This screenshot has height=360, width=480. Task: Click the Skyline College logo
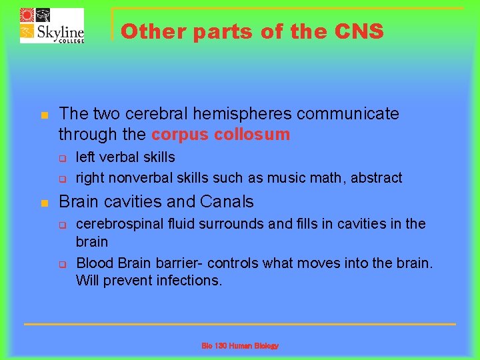tap(51, 25)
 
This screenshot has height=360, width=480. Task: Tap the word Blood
tap(94, 263)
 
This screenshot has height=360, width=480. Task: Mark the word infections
tap(189, 280)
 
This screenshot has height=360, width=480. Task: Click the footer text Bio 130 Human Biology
tap(240, 346)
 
